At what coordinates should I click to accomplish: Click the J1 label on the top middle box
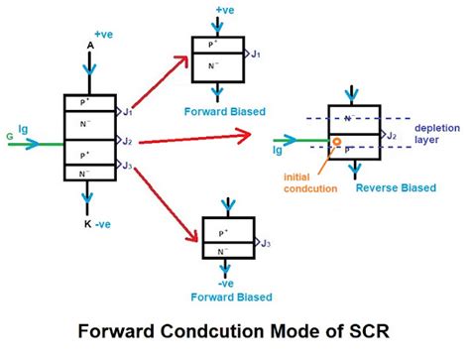(257, 56)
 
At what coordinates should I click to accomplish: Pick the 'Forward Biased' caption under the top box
(226, 112)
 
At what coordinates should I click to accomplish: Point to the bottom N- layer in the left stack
(90, 172)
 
